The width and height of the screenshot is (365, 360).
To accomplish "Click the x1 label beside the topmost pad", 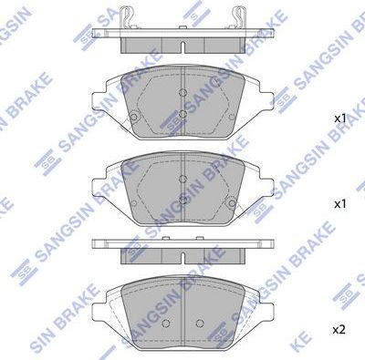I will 339,118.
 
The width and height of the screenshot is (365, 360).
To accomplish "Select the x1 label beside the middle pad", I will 339,204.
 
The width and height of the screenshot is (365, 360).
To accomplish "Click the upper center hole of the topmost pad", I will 183,94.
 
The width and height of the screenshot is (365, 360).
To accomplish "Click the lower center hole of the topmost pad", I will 183,113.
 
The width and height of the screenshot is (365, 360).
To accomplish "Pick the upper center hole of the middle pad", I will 183,180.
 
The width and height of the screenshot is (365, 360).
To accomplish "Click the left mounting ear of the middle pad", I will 99,182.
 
